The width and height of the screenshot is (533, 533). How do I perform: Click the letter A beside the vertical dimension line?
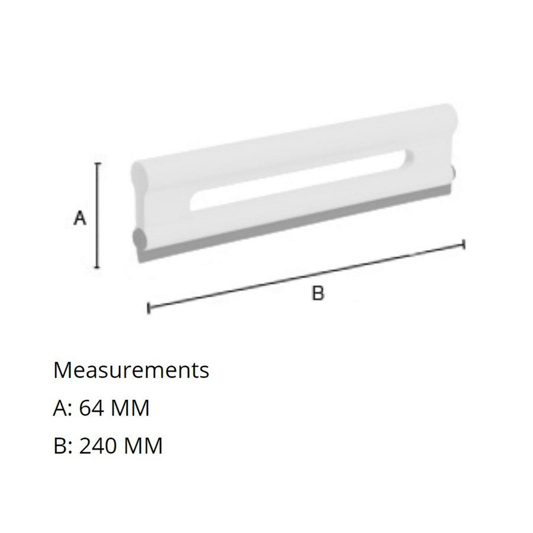80,219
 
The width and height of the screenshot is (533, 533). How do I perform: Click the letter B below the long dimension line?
318,293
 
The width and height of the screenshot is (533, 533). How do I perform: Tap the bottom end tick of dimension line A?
98,267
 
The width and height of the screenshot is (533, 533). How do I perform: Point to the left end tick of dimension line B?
148,308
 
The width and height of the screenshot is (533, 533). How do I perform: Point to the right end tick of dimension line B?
463,244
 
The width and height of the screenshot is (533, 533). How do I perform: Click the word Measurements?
131,370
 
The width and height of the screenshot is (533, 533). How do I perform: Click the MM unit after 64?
132,408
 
